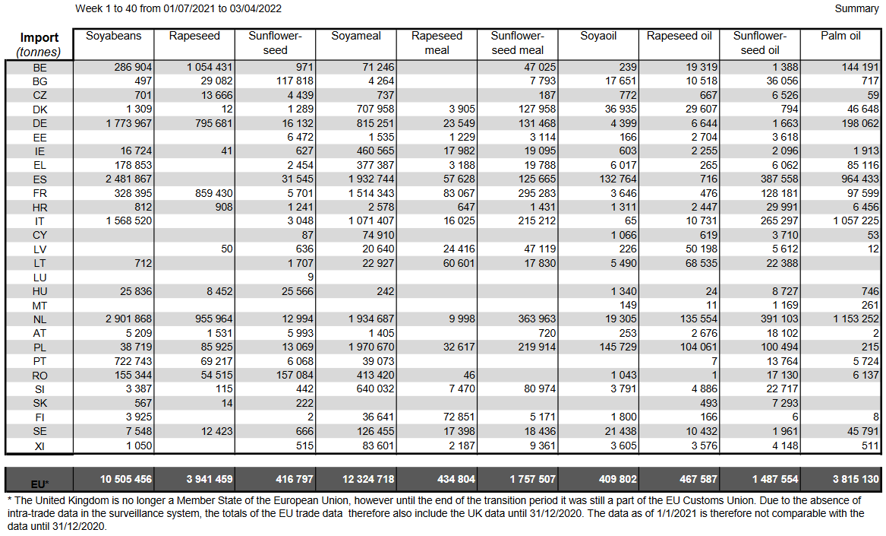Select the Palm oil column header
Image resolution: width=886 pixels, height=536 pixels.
pos(840,36)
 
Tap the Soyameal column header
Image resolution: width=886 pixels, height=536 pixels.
pos(356,36)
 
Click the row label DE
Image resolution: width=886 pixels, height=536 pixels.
pos(39,123)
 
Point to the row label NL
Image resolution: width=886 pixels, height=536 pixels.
pos(39,319)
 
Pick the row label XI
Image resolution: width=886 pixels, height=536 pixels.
pos(39,446)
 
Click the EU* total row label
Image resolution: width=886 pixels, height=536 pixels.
pos(39,484)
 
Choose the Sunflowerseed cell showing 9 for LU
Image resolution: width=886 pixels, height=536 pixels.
pos(311,277)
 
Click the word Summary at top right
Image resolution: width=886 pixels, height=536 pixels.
pos(856,8)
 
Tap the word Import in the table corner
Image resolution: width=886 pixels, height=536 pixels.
pos(39,38)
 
